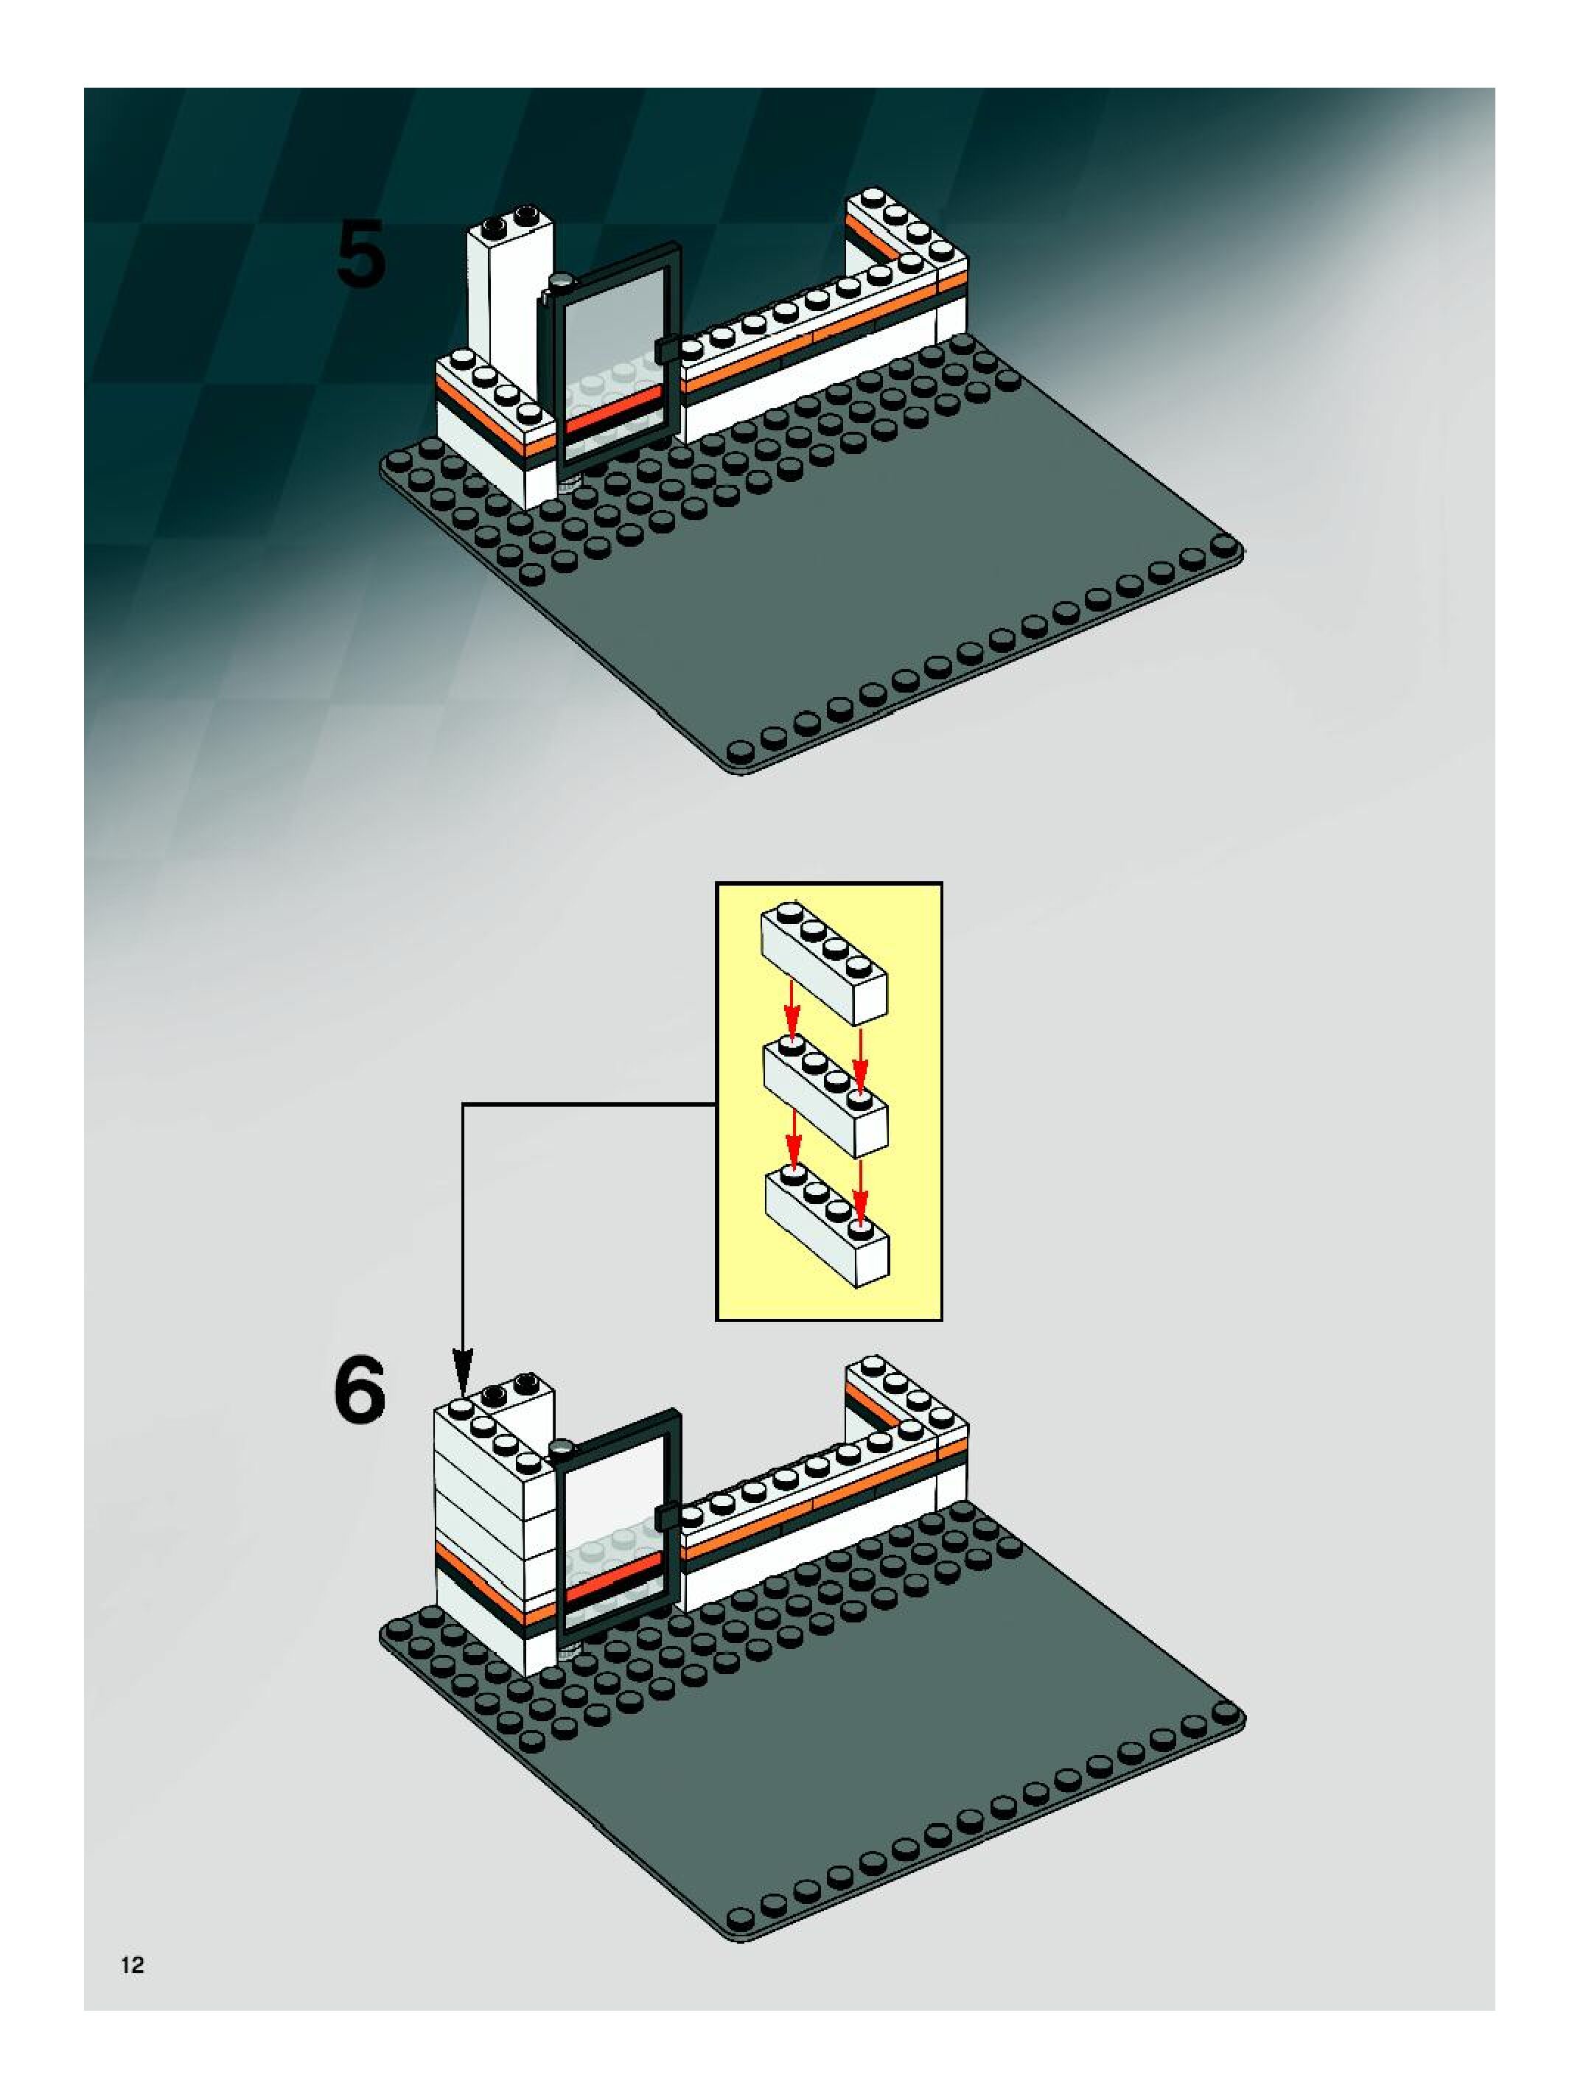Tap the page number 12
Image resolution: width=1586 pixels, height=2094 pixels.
coord(133,1965)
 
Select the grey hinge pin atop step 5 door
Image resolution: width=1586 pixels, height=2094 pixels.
coord(562,280)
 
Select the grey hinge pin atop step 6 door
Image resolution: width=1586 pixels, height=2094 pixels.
coord(562,1446)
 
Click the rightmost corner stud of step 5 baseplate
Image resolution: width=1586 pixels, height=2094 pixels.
coord(1226,545)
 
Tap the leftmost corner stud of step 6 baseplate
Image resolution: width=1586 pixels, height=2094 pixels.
coord(396,1630)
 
